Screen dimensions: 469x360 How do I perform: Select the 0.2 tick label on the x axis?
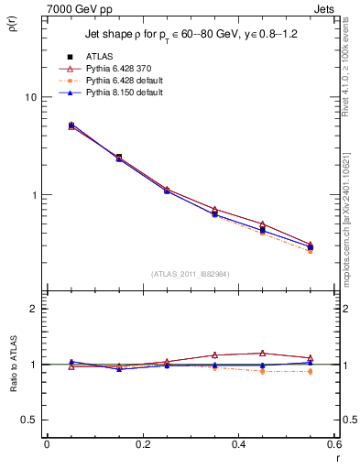pos(142,444)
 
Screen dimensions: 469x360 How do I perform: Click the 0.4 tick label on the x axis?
pos(238,444)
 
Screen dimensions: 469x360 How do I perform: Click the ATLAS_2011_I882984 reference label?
pos(191,274)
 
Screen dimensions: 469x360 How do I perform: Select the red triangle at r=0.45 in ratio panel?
pos(262,353)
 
